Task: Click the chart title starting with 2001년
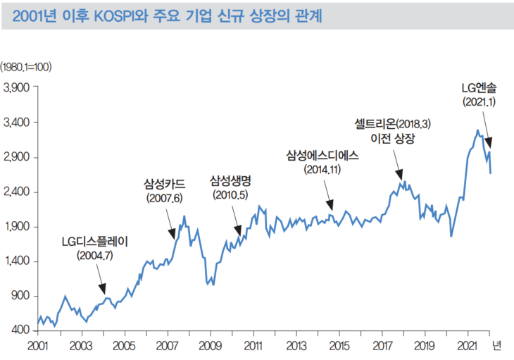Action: (x=168, y=15)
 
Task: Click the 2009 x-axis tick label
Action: (x=210, y=346)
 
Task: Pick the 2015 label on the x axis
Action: (x=339, y=346)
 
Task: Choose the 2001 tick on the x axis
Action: (x=37, y=346)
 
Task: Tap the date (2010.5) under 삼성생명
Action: (x=230, y=195)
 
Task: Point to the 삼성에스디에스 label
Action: (x=322, y=156)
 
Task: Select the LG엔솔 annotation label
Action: (x=479, y=88)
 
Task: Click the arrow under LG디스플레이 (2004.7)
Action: (x=102, y=285)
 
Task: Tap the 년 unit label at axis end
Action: (x=496, y=345)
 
